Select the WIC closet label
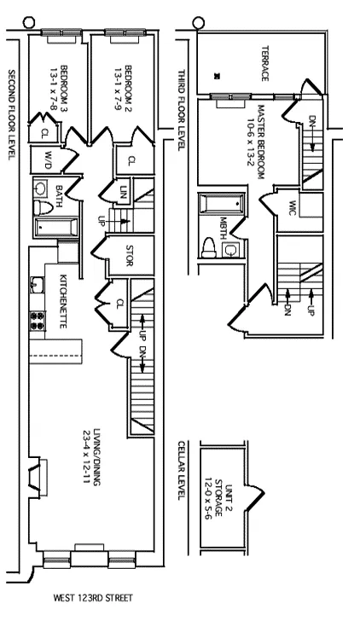(291, 206)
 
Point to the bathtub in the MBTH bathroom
(210, 205)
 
